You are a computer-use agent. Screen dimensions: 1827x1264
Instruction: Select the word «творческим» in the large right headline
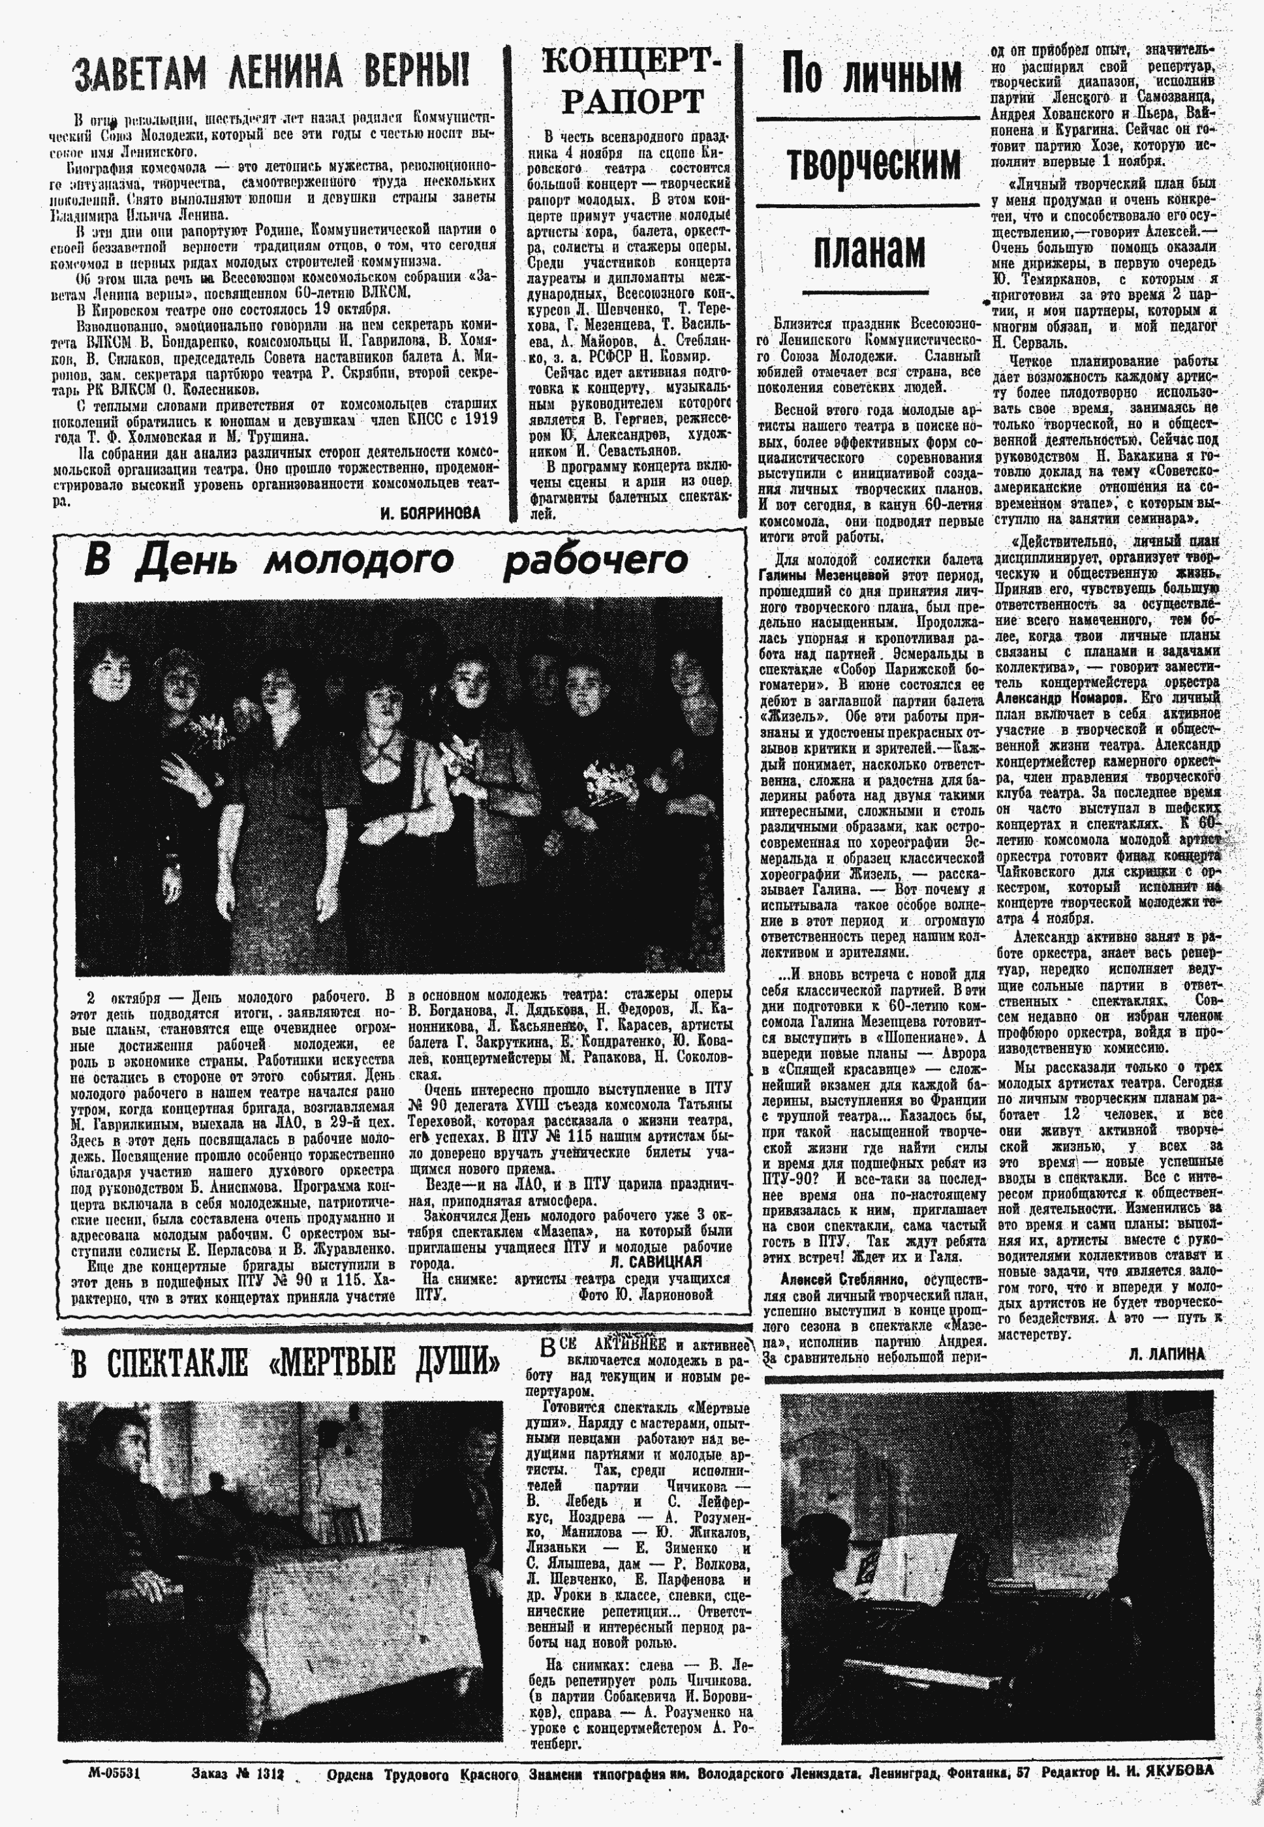(872, 163)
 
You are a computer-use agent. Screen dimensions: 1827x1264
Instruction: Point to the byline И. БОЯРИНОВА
(431, 513)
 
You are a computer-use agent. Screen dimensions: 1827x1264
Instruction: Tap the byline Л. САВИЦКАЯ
(656, 1261)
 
